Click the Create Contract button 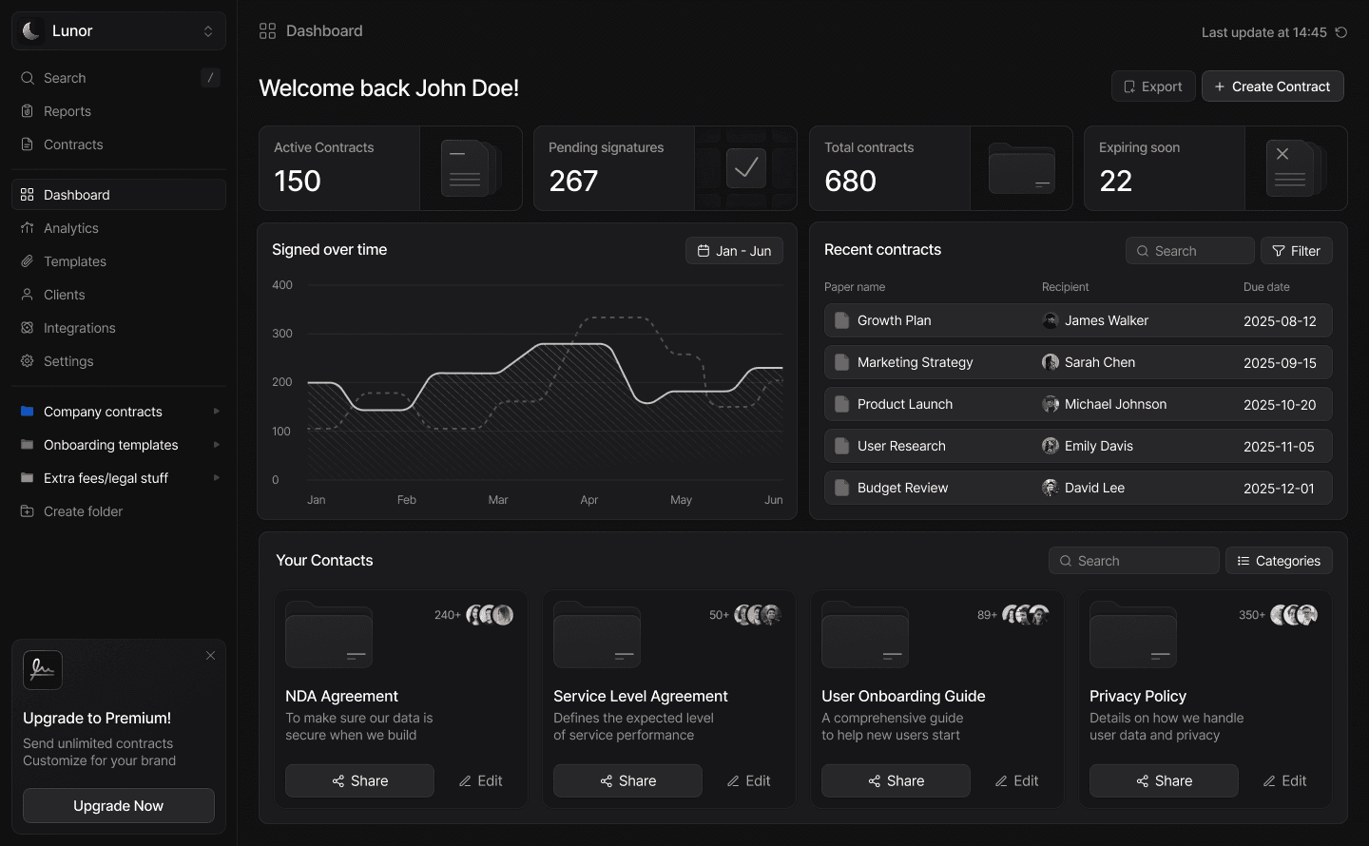[1272, 87]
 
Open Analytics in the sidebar [71, 228]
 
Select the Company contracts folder [103, 412]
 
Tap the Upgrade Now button [119, 805]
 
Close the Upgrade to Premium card [210, 655]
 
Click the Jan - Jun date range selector [734, 251]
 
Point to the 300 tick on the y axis [281, 333]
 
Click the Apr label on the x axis [588, 499]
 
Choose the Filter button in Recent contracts [1297, 251]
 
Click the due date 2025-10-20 [1280, 405]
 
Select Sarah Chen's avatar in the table [1050, 362]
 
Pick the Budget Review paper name [902, 488]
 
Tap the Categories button [1279, 561]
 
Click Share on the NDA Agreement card [359, 780]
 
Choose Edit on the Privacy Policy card [1284, 780]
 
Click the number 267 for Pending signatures [572, 181]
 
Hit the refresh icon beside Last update [1340, 31]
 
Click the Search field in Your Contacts [1133, 561]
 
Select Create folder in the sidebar [83, 511]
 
